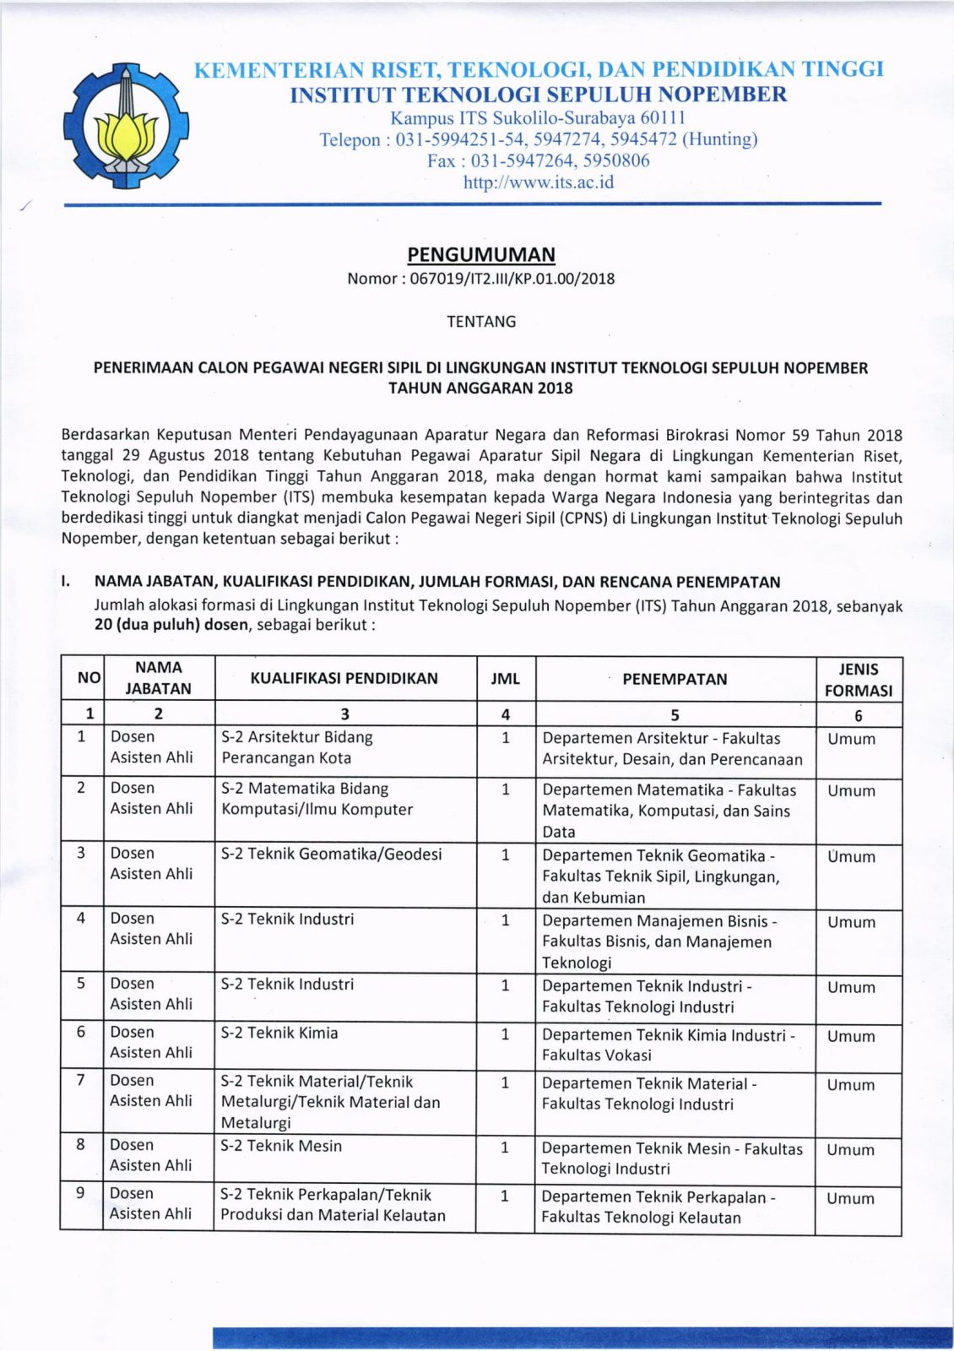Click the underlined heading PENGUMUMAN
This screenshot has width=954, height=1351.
pos(481,254)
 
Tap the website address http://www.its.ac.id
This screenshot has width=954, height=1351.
pos(538,182)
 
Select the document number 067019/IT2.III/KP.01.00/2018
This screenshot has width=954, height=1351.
pos(512,279)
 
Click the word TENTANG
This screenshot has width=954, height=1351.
pos(481,322)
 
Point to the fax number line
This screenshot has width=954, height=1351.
pos(538,160)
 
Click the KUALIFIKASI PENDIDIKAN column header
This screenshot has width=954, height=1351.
pos(344,678)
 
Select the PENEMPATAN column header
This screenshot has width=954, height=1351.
pos(675,679)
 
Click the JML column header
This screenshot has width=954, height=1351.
pos(505,679)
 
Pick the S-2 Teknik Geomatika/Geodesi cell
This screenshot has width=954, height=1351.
pos(331,854)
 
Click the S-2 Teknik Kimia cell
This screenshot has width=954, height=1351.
pos(279,1033)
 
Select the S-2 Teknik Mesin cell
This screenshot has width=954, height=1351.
pos(281,1146)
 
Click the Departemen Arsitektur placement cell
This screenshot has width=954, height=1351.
pos(672,749)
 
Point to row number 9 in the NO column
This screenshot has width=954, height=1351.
pos(81,1193)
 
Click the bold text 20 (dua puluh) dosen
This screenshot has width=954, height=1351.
pos(171,626)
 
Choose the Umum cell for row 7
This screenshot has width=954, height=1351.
pos(851,1085)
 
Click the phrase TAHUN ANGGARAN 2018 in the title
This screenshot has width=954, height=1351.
pos(480,388)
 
